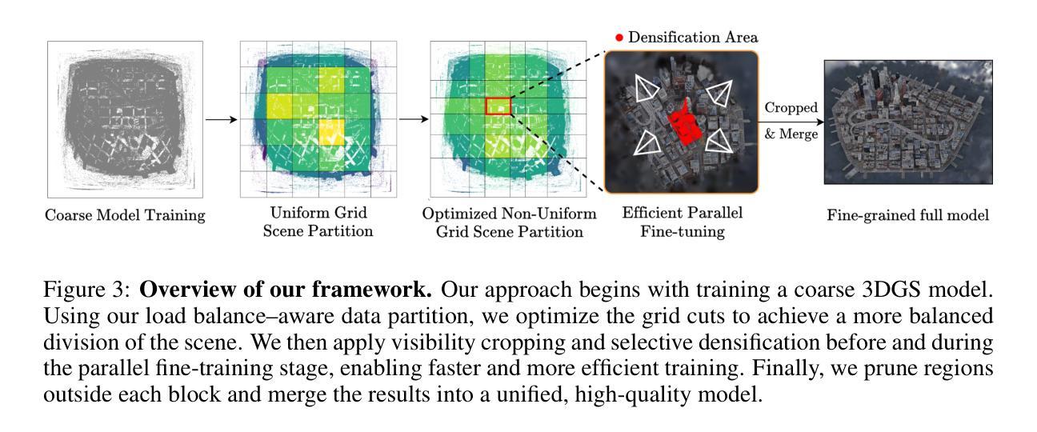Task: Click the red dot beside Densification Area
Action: coord(619,38)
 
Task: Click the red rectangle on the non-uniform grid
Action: coord(498,98)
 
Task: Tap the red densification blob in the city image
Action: coord(685,124)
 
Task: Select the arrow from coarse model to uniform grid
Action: coord(222,119)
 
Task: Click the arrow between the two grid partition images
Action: coord(414,119)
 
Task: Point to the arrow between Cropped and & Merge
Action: coord(791,122)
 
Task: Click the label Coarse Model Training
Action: coord(125,215)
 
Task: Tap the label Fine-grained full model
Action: coord(908,215)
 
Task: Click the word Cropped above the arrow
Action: coord(791,107)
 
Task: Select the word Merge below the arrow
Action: coord(798,134)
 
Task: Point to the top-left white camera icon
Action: coord(646,89)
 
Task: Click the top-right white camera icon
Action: coord(720,93)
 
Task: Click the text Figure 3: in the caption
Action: coord(87,290)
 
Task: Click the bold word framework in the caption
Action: coord(371,290)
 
